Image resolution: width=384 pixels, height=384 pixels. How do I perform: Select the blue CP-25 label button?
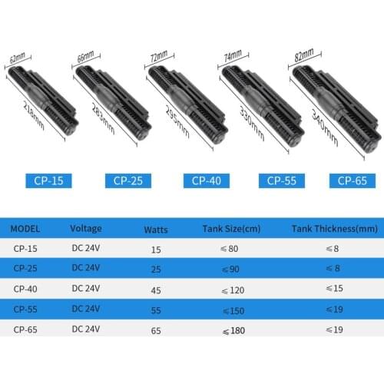(130, 181)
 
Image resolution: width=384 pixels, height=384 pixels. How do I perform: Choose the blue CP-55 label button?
(283, 181)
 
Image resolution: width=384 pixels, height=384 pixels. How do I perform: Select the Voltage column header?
(85, 228)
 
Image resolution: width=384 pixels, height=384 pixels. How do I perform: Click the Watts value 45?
(156, 289)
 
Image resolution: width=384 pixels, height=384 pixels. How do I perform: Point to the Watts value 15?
(156, 249)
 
